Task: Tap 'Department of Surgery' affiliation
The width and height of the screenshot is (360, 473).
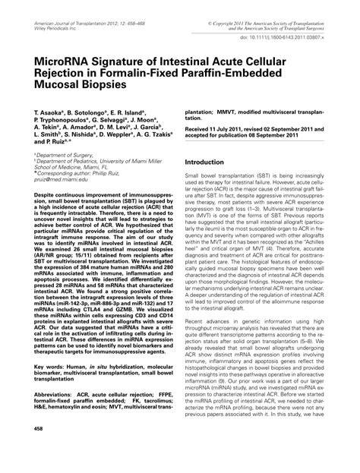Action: coord(62,155)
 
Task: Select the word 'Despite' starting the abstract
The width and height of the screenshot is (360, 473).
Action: coord(46,195)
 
